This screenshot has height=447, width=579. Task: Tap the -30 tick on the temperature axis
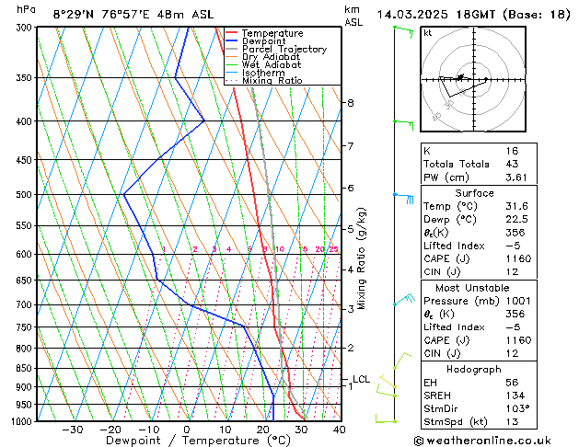pyautogui.click(x=72, y=429)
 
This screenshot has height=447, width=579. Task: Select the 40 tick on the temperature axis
pyautogui.click(x=339, y=429)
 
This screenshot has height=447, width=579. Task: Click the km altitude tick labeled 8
pyautogui.click(x=350, y=103)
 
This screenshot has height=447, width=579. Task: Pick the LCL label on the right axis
pyautogui.click(x=361, y=379)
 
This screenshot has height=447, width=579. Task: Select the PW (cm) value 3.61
pyautogui.click(x=512, y=178)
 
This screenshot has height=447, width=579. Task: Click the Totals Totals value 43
pyautogui.click(x=512, y=164)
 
